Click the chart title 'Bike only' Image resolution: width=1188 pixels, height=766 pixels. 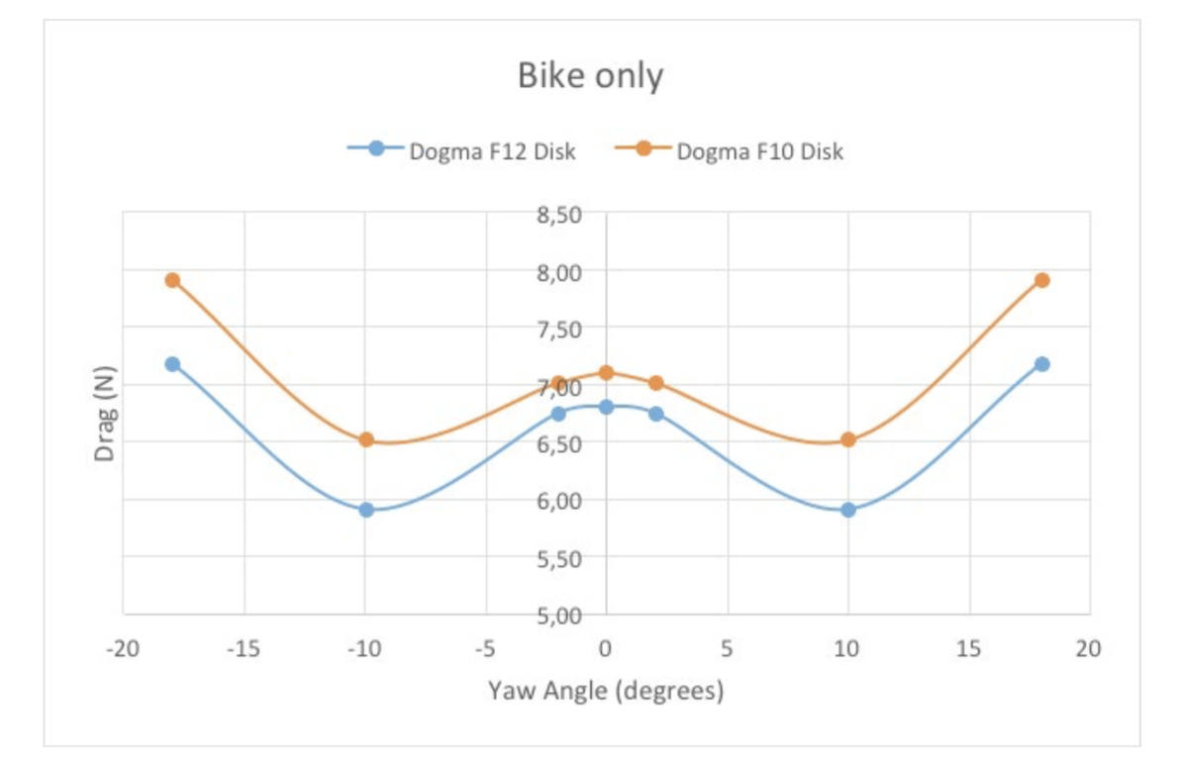pyautogui.click(x=590, y=76)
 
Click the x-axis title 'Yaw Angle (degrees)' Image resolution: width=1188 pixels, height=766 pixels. pyautogui.click(x=606, y=690)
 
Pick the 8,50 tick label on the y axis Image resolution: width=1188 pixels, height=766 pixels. pyautogui.click(x=560, y=214)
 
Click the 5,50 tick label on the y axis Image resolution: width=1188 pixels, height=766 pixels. pyautogui.click(x=560, y=558)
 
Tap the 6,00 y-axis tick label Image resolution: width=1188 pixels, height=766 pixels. pyautogui.click(x=560, y=501)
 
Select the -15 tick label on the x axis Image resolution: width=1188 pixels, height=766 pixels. pyautogui.click(x=244, y=649)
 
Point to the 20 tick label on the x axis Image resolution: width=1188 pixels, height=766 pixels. pyautogui.click(x=1089, y=649)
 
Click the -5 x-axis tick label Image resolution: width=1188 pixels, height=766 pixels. pyautogui.click(x=484, y=649)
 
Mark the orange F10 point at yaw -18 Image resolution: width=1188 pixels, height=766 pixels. pyautogui.click(x=172, y=280)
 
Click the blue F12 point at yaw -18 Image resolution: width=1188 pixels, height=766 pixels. pyautogui.click(x=172, y=364)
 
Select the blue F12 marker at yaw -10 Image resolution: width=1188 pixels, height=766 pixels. pyautogui.click(x=366, y=510)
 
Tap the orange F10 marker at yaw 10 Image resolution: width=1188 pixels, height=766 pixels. pyautogui.click(x=847, y=439)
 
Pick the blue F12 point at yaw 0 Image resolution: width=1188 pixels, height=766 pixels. pyautogui.click(x=606, y=407)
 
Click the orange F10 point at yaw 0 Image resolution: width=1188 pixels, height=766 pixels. pyautogui.click(x=606, y=372)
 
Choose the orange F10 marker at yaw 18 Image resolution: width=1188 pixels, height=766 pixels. pyautogui.click(x=1041, y=280)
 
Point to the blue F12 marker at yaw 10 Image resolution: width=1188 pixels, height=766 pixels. pyautogui.click(x=847, y=510)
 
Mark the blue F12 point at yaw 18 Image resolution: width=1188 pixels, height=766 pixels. pyautogui.click(x=1041, y=364)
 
